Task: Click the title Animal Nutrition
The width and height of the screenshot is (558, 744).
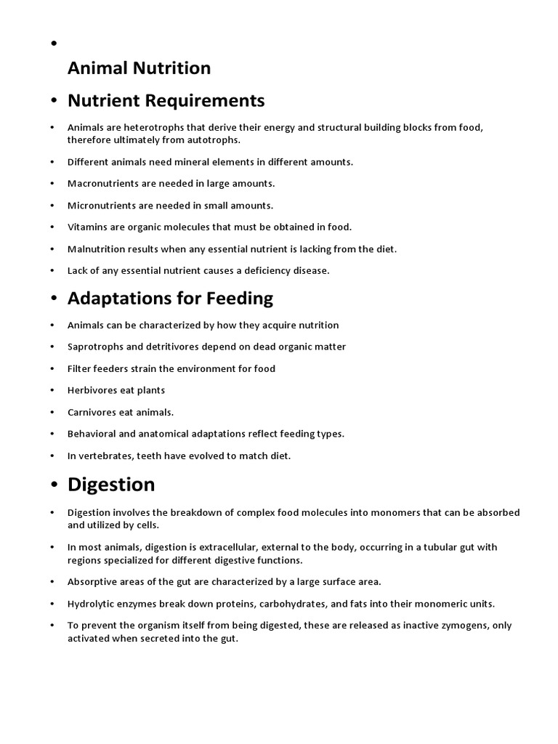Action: [139, 68]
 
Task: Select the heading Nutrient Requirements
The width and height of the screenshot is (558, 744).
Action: [166, 100]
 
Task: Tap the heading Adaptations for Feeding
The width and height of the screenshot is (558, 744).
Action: [170, 298]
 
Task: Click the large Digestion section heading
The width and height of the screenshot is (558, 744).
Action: [111, 484]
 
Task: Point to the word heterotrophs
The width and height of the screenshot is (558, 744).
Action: [143, 127]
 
